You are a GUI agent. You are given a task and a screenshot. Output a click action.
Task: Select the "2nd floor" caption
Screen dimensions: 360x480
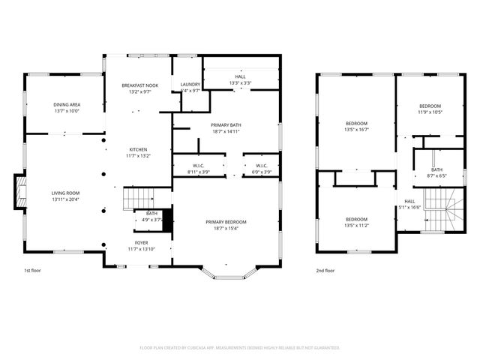pyautogui.click(x=325, y=270)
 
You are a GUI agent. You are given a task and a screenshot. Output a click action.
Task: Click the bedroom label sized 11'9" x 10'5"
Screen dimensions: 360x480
pyautogui.click(x=430, y=109)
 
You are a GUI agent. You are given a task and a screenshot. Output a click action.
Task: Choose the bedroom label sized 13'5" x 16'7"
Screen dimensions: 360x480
pyautogui.click(x=356, y=126)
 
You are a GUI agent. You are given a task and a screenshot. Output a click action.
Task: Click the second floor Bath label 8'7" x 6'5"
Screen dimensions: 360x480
pyautogui.click(x=436, y=172)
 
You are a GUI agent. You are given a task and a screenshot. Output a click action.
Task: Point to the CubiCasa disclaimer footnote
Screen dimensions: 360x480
pyautogui.click(x=240, y=348)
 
